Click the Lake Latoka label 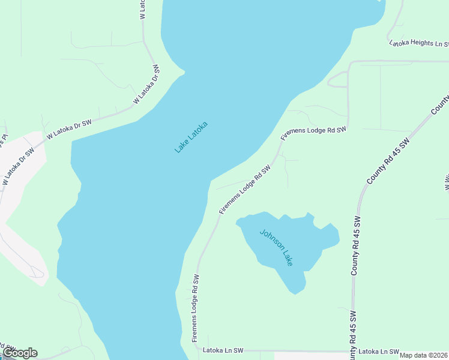[191, 137]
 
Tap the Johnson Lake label [276, 247]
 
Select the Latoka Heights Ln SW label [420, 43]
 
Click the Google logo [20, 353]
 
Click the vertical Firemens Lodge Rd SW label [195, 308]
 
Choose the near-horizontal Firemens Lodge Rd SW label [313, 132]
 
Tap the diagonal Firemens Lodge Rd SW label [245, 190]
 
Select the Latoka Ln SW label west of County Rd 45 [223, 350]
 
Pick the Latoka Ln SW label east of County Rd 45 [378, 352]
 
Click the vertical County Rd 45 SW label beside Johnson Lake [355, 246]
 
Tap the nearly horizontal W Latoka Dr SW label [68, 129]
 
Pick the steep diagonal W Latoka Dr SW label [147, 85]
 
